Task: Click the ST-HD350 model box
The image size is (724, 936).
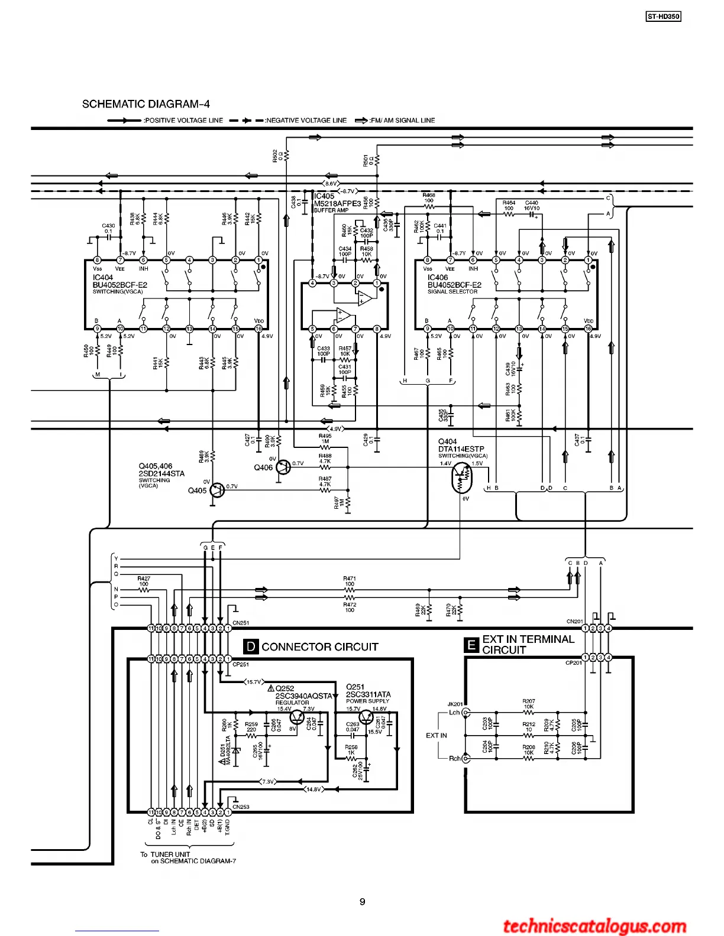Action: click(663, 17)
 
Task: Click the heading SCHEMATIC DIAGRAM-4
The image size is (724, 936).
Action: click(146, 105)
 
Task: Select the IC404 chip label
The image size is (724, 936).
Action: click(103, 277)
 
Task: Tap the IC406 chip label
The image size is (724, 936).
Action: click(438, 277)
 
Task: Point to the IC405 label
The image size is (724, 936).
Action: click(324, 196)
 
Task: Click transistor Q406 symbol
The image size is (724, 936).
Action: click(284, 467)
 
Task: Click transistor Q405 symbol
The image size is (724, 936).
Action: click(218, 490)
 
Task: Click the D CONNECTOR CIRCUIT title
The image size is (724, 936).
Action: click(311, 647)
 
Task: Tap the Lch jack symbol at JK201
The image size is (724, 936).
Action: click(466, 713)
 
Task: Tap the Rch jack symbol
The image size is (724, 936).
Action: click(466, 758)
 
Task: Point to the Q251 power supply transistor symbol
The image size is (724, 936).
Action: click(367, 717)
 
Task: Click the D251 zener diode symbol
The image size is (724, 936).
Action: click(236, 750)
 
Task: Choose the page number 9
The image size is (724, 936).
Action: click(362, 902)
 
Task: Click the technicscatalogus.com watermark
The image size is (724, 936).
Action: click(594, 926)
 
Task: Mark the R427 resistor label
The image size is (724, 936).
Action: click(144, 579)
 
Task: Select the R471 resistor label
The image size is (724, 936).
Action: click(350, 579)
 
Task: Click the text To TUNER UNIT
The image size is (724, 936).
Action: click(165, 854)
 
